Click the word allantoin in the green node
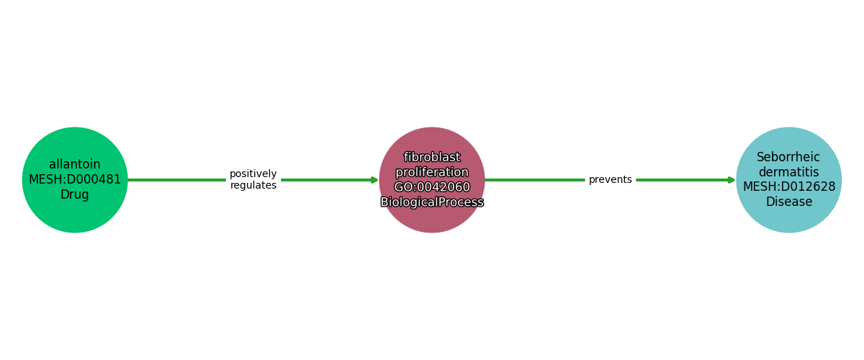[x=75, y=165]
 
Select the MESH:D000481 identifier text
[x=75, y=180]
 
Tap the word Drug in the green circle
[x=75, y=195]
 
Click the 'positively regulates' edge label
[x=253, y=180]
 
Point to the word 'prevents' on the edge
[x=610, y=180]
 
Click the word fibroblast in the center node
[x=432, y=158]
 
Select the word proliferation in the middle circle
[x=432, y=173]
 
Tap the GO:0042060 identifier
[x=432, y=188]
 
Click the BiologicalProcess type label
[x=432, y=203]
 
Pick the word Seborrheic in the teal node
[x=788, y=158]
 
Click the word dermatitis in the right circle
[x=788, y=173]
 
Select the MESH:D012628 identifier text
[x=788, y=187]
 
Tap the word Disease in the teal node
[x=788, y=202]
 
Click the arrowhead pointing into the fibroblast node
[x=374, y=180]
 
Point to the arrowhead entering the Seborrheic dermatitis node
[x=732, y=180]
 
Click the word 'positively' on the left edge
[x=253, y=174]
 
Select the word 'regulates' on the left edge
[x=253, y=186]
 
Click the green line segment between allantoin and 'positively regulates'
[x=176, y=180]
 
